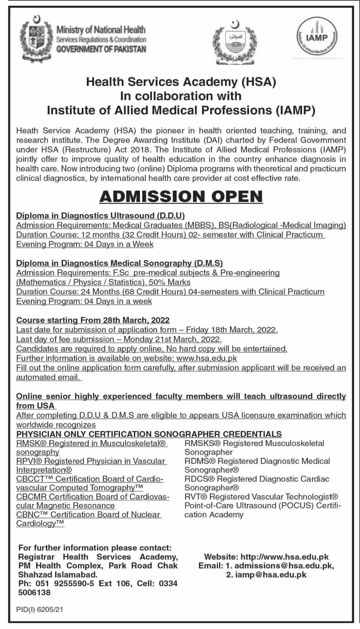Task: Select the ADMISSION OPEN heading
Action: (x=181, y=197)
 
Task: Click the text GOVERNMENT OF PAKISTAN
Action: (x=101, y=49)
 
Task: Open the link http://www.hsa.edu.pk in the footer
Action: (x=284, y=557)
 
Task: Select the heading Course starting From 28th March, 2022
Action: (x=93, y=320)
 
